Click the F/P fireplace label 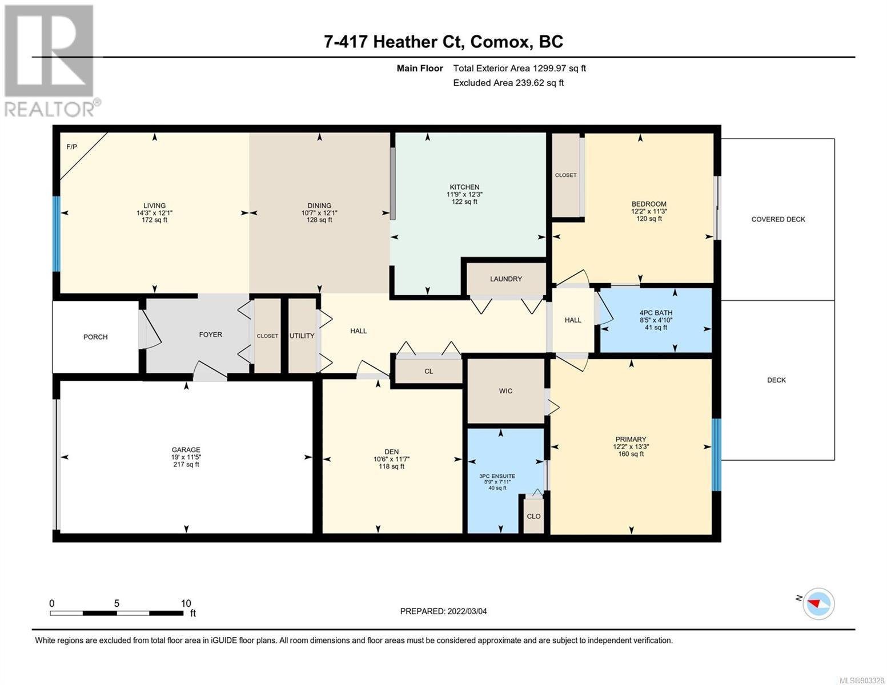71,147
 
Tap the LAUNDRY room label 505,279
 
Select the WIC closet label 505,391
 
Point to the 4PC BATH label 656,313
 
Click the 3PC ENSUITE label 497,476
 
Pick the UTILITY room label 302,336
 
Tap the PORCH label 95,337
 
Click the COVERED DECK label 778,220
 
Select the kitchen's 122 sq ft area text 464,202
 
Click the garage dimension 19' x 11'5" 186,457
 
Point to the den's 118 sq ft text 391,466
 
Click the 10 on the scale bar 186,603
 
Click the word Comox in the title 499,42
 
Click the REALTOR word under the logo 49,110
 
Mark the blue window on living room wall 57,234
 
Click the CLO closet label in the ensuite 533,516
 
